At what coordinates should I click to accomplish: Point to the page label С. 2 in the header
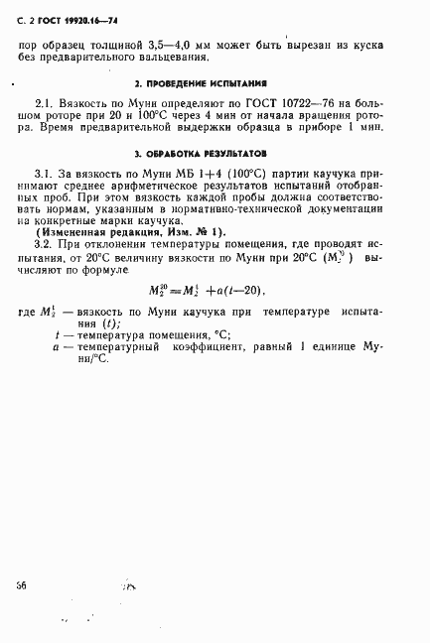tap(23, 20)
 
